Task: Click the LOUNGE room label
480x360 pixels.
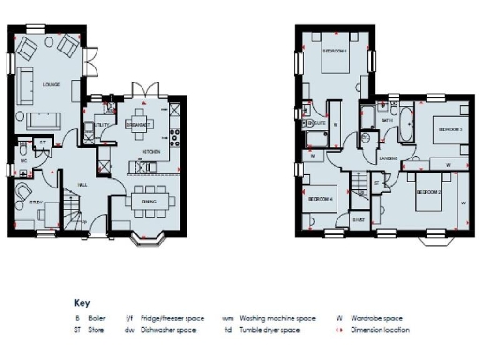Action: pos(52,86)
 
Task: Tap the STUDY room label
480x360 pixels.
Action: pos(35,202)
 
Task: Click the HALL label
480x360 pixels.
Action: pos(82,184)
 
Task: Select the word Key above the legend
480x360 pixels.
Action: pos(81,303)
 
